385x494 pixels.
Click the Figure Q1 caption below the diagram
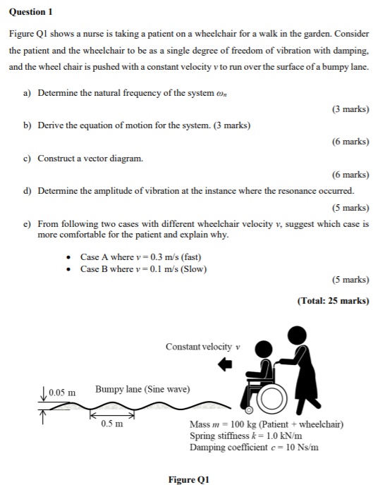189,480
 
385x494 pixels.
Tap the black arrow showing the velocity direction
225,364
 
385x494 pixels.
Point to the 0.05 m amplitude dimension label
62,392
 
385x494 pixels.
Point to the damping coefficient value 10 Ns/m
300,447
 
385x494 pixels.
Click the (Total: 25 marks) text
333,301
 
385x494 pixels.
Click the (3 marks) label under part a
350,109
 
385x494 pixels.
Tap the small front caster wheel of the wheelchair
248,410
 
